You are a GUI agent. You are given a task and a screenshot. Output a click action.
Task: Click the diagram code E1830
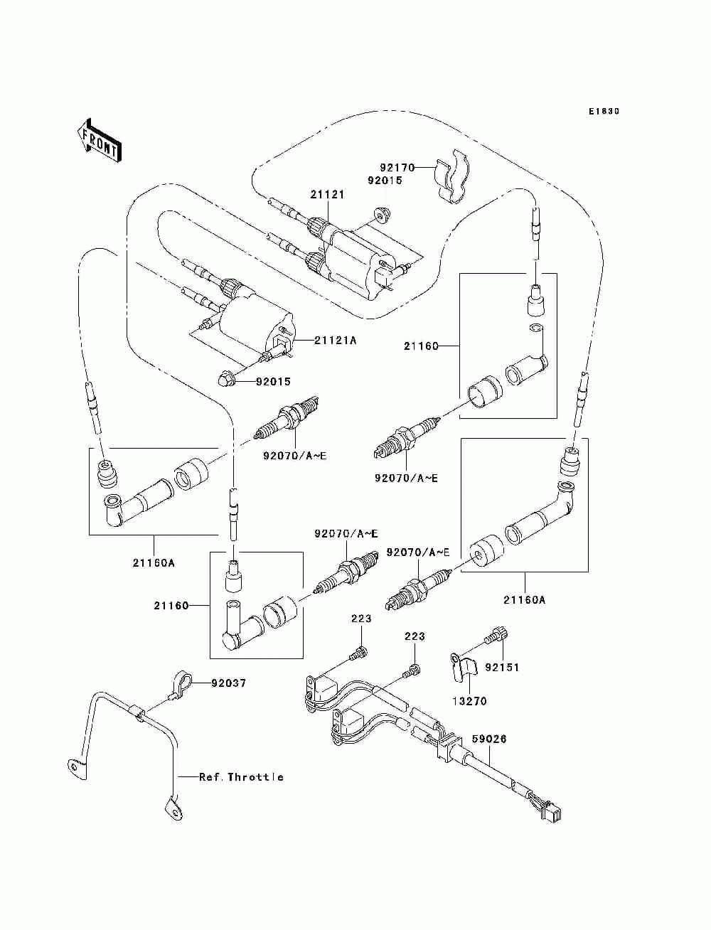[604, 112]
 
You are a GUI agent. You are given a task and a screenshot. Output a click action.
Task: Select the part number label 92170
[397, 168]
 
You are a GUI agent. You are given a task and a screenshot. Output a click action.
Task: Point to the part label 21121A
[335, 341]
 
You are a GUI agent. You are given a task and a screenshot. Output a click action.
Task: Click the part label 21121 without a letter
[328, 195]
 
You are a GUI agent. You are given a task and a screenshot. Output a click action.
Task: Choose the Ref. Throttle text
[241, 777]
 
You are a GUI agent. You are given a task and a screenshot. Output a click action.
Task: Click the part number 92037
[229, 683]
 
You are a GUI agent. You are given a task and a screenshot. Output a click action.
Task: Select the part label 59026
[489, 739]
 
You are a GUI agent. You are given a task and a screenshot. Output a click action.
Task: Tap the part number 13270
[469, 701]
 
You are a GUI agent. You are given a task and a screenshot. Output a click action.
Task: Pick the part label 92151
[502, 668]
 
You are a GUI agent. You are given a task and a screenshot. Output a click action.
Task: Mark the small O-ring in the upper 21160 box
[535, 328]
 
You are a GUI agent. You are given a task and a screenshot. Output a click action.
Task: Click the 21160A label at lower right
[525, 600]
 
